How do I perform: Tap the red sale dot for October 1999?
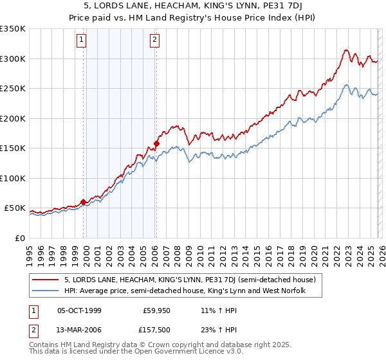coord(84,202)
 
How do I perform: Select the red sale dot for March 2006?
coord(156,143)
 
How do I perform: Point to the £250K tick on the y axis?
coord(13,89)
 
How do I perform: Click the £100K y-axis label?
coord(13,178)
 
